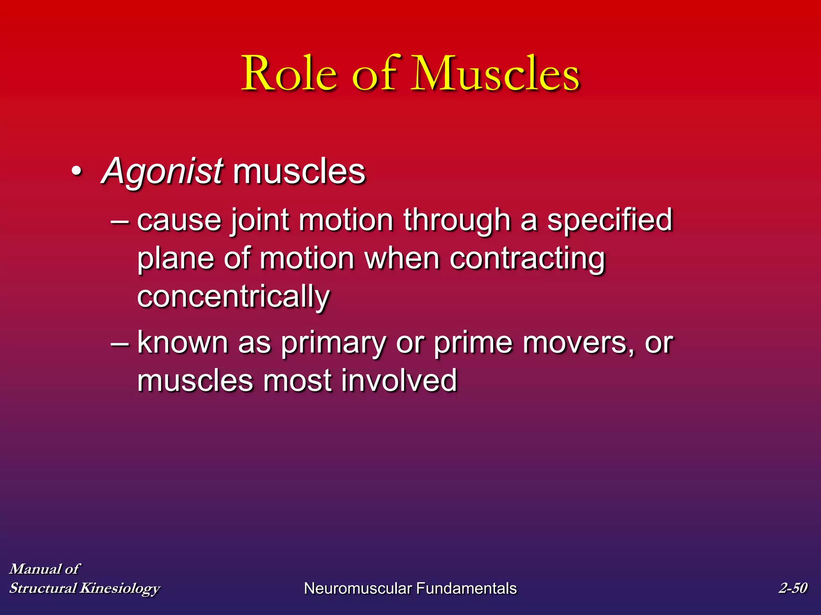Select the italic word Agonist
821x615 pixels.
(162, 171)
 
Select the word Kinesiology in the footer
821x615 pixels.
(120, 588)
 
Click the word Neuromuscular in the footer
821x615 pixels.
(358, 588)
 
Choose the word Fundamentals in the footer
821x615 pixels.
(466, 588)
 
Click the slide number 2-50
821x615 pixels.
(793, 588)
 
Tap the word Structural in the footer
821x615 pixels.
(43, 588)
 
